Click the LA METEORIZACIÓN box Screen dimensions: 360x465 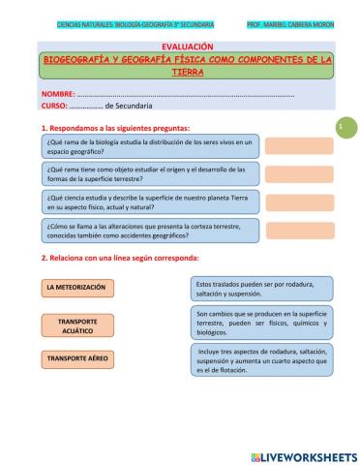click(x=78, y=288)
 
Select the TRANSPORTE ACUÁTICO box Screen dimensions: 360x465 click(x=78, y=325)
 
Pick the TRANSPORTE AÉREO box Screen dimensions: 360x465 click(x=78, y=357)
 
